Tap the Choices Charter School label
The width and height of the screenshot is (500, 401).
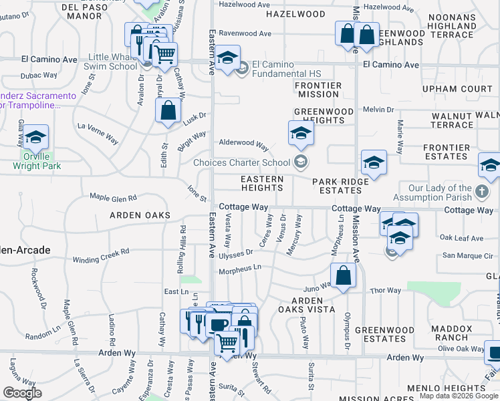pyautogui.click(x=241, y=162)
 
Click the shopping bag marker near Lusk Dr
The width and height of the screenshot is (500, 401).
pyautogui.click(x=168, y=111)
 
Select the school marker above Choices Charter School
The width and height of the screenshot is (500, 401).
pyautogui.click(x=301, y=133)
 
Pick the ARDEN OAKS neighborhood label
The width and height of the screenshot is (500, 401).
pyautogui.click(x=142, y=215)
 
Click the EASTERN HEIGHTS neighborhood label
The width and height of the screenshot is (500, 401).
pyautogui.click(x=262, y=184)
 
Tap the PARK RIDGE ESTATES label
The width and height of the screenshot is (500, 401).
pyautogui.click(x=340, y=186)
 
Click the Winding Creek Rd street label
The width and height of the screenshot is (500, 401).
pyautogui.click(x=101, y=256)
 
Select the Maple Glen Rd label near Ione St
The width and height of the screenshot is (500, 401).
pyautogui.click(x=114, y=198)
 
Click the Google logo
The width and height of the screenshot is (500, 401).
pyautogui.click(x=22, y=393)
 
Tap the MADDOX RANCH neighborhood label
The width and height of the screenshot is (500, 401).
pyautogui.click(x=451, y=333)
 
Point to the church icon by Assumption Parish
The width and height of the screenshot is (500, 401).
pyautogui.click(x=481, y=192)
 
